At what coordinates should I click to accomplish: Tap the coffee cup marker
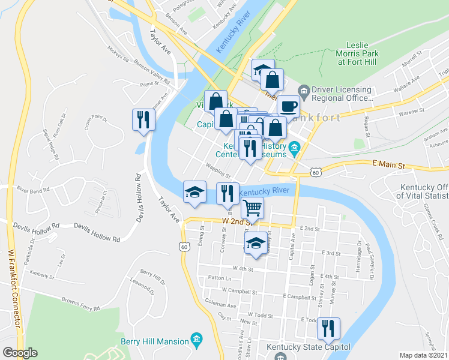point(288,107)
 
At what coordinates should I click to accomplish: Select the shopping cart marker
point(253,208)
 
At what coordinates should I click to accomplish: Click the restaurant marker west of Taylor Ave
point(143,118)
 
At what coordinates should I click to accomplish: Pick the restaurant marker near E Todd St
point(328,328)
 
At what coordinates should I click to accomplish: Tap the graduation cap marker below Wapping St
point(194,192)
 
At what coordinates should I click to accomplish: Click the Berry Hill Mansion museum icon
point(196,341)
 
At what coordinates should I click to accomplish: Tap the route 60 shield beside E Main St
point(316,172)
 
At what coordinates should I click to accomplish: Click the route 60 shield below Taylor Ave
point(184,246)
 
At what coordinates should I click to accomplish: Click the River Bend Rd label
point(31,190)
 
